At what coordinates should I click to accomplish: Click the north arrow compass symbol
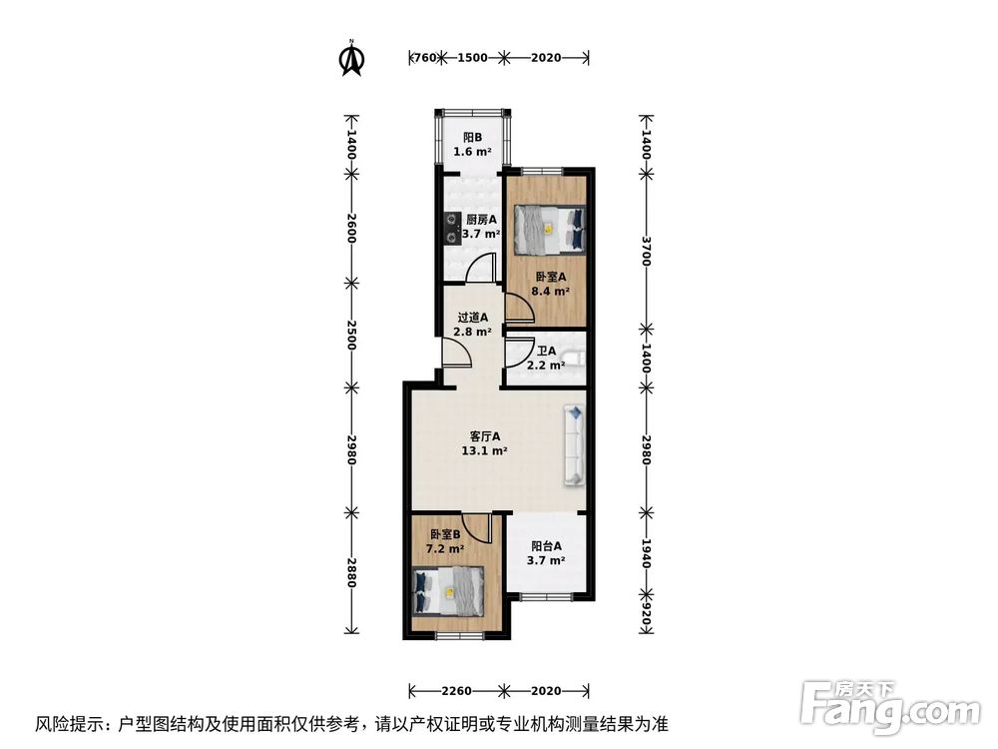[x=350, y=59]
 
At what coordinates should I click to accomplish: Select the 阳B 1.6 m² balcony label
[x=472, y=145]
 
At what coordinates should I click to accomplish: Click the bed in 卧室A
[x=548, y=229]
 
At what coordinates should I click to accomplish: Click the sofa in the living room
[x=575, y=444]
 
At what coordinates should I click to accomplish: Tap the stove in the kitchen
[x=451, y=229]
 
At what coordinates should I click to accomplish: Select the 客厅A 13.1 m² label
[x=484, y=442]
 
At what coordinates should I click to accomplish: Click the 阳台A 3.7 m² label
[x=546, y=553]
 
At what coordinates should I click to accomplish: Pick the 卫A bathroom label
[x=546, y=358]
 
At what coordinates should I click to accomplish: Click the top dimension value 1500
[x=472, y=58]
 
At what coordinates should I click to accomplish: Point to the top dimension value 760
[x=423, y=58]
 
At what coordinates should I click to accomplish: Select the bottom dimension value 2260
[x=457, y=690]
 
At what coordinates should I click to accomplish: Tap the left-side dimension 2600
[x=351, y=229]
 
